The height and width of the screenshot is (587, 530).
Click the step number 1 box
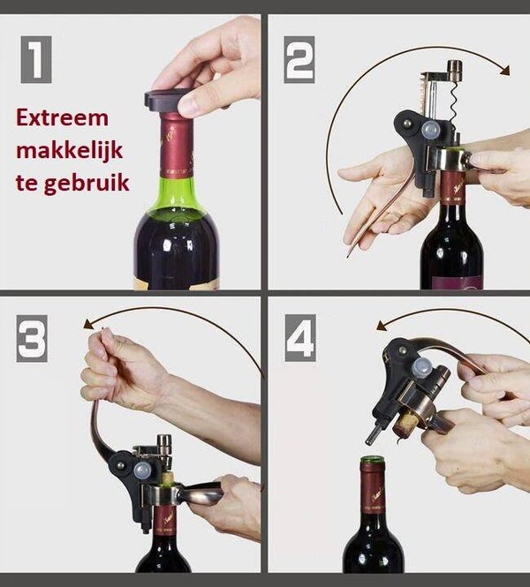click(x=36, y=59)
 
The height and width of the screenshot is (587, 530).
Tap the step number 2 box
click(x=299, y=59)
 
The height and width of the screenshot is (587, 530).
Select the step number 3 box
click(x=32, y=338)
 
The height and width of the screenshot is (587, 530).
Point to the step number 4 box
click(x=300, y=338)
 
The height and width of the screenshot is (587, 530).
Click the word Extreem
click(x=62, y=118)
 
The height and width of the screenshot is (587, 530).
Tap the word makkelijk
click(x=69, y=150)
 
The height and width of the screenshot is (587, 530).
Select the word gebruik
click(x=87, y=184)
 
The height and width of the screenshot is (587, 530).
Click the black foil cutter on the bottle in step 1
click(x=167, y=101)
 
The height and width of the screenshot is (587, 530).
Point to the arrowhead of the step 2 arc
click(x=504, y=70)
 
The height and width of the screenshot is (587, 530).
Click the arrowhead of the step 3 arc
click(x=88, y=324)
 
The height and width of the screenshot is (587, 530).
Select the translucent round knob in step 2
click(x=431, y=129)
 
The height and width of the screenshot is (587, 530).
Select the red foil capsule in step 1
click(x=177, y=144)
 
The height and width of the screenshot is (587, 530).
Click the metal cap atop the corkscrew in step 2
click(x=454, y=69)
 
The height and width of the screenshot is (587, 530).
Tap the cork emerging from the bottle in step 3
click(x=169, y=478)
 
